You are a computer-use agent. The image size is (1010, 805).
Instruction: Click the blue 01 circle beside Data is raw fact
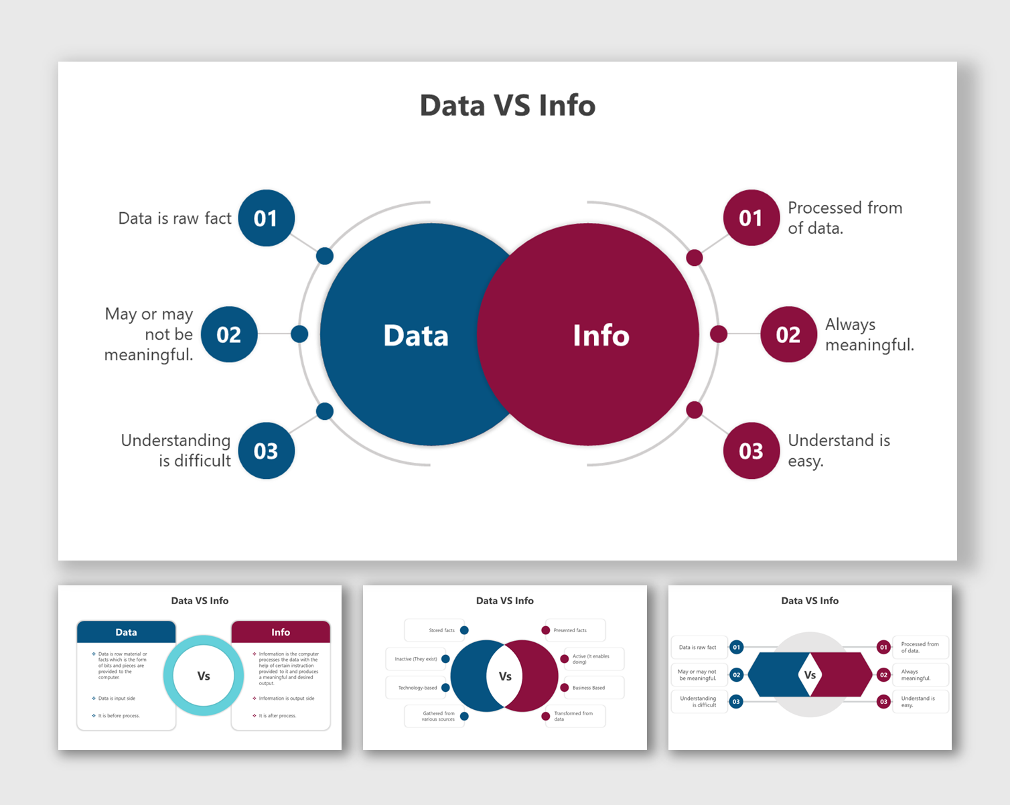point(266,218)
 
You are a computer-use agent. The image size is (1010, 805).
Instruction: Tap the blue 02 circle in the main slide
point(229,334)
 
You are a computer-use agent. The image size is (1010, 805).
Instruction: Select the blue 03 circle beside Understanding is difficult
point(266,451)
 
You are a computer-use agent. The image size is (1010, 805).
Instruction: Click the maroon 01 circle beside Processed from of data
point(751,218)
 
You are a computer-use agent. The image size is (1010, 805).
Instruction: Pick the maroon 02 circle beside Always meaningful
point(788,334)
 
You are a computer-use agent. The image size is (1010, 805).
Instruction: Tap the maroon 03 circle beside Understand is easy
point(751,451)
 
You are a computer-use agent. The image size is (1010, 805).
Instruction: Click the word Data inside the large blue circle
point(416,336)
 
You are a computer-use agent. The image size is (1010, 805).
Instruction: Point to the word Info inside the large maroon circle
point(601,336)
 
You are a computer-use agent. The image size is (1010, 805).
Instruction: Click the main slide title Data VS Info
point(507,106)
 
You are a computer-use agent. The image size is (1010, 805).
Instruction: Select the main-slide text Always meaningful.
point(869,334)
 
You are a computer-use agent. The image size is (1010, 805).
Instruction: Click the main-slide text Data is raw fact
point(174,218)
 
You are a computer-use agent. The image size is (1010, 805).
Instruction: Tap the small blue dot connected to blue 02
point(299,334)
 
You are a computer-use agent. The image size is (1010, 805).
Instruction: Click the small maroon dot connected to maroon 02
point(718,334)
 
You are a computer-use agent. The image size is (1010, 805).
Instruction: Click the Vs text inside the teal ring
point(204,676)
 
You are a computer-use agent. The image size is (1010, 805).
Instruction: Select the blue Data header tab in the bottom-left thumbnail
point(126,632)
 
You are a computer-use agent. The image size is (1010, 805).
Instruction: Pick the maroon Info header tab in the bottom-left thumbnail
point(281,632)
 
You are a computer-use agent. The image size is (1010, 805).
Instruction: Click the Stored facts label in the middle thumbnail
point(441,630)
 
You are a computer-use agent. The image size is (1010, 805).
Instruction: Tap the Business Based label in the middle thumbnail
point(589,688)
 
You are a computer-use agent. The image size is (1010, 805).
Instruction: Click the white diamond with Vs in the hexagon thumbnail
point(810,674)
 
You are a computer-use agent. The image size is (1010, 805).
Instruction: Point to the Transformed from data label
point(573,716)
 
